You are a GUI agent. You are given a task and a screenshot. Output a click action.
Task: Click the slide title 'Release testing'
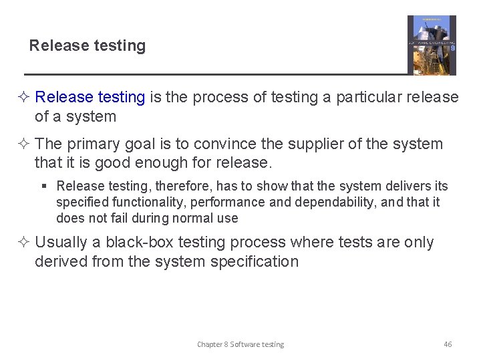(88, 45)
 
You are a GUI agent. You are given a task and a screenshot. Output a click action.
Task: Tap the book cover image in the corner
(432, 45)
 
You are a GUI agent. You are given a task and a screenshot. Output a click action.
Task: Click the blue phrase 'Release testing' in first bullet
(90, 98)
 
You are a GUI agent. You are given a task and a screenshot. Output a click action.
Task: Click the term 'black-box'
(138, 243)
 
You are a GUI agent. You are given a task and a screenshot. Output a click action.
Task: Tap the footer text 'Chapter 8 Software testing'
(240, 344)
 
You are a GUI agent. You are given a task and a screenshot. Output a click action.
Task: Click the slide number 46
(448, 344)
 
